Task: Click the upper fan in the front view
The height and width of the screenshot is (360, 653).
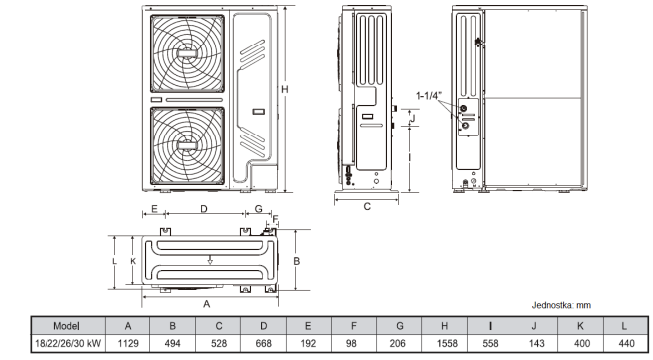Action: click(187, 54)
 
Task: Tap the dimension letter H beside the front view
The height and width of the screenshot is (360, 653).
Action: click(285, 90)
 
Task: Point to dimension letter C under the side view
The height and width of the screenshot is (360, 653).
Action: click(367, 207)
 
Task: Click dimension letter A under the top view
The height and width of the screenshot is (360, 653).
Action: click(206, 303)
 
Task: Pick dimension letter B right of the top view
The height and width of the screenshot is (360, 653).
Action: click(296, 260)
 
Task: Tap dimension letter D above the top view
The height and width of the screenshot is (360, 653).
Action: click(203, 209)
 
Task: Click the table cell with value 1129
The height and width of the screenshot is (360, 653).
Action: click(128, 343)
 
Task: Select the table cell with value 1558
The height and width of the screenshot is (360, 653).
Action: click(445, 343)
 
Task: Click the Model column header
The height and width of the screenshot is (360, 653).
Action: click(66, 325)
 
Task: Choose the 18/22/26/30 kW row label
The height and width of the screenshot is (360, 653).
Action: click(66, 343)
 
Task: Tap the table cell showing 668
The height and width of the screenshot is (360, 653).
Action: click(263, 343)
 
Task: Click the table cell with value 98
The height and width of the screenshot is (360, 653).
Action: click(354, 343)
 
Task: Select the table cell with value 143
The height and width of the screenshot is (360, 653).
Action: click(535, 343)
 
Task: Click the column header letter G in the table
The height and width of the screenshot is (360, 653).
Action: click(400, 325)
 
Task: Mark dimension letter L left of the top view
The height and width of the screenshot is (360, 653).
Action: click(115, 260)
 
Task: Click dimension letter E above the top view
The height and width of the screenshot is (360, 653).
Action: click(154, 209)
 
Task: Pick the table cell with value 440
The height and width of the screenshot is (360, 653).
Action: click(624, 343)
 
